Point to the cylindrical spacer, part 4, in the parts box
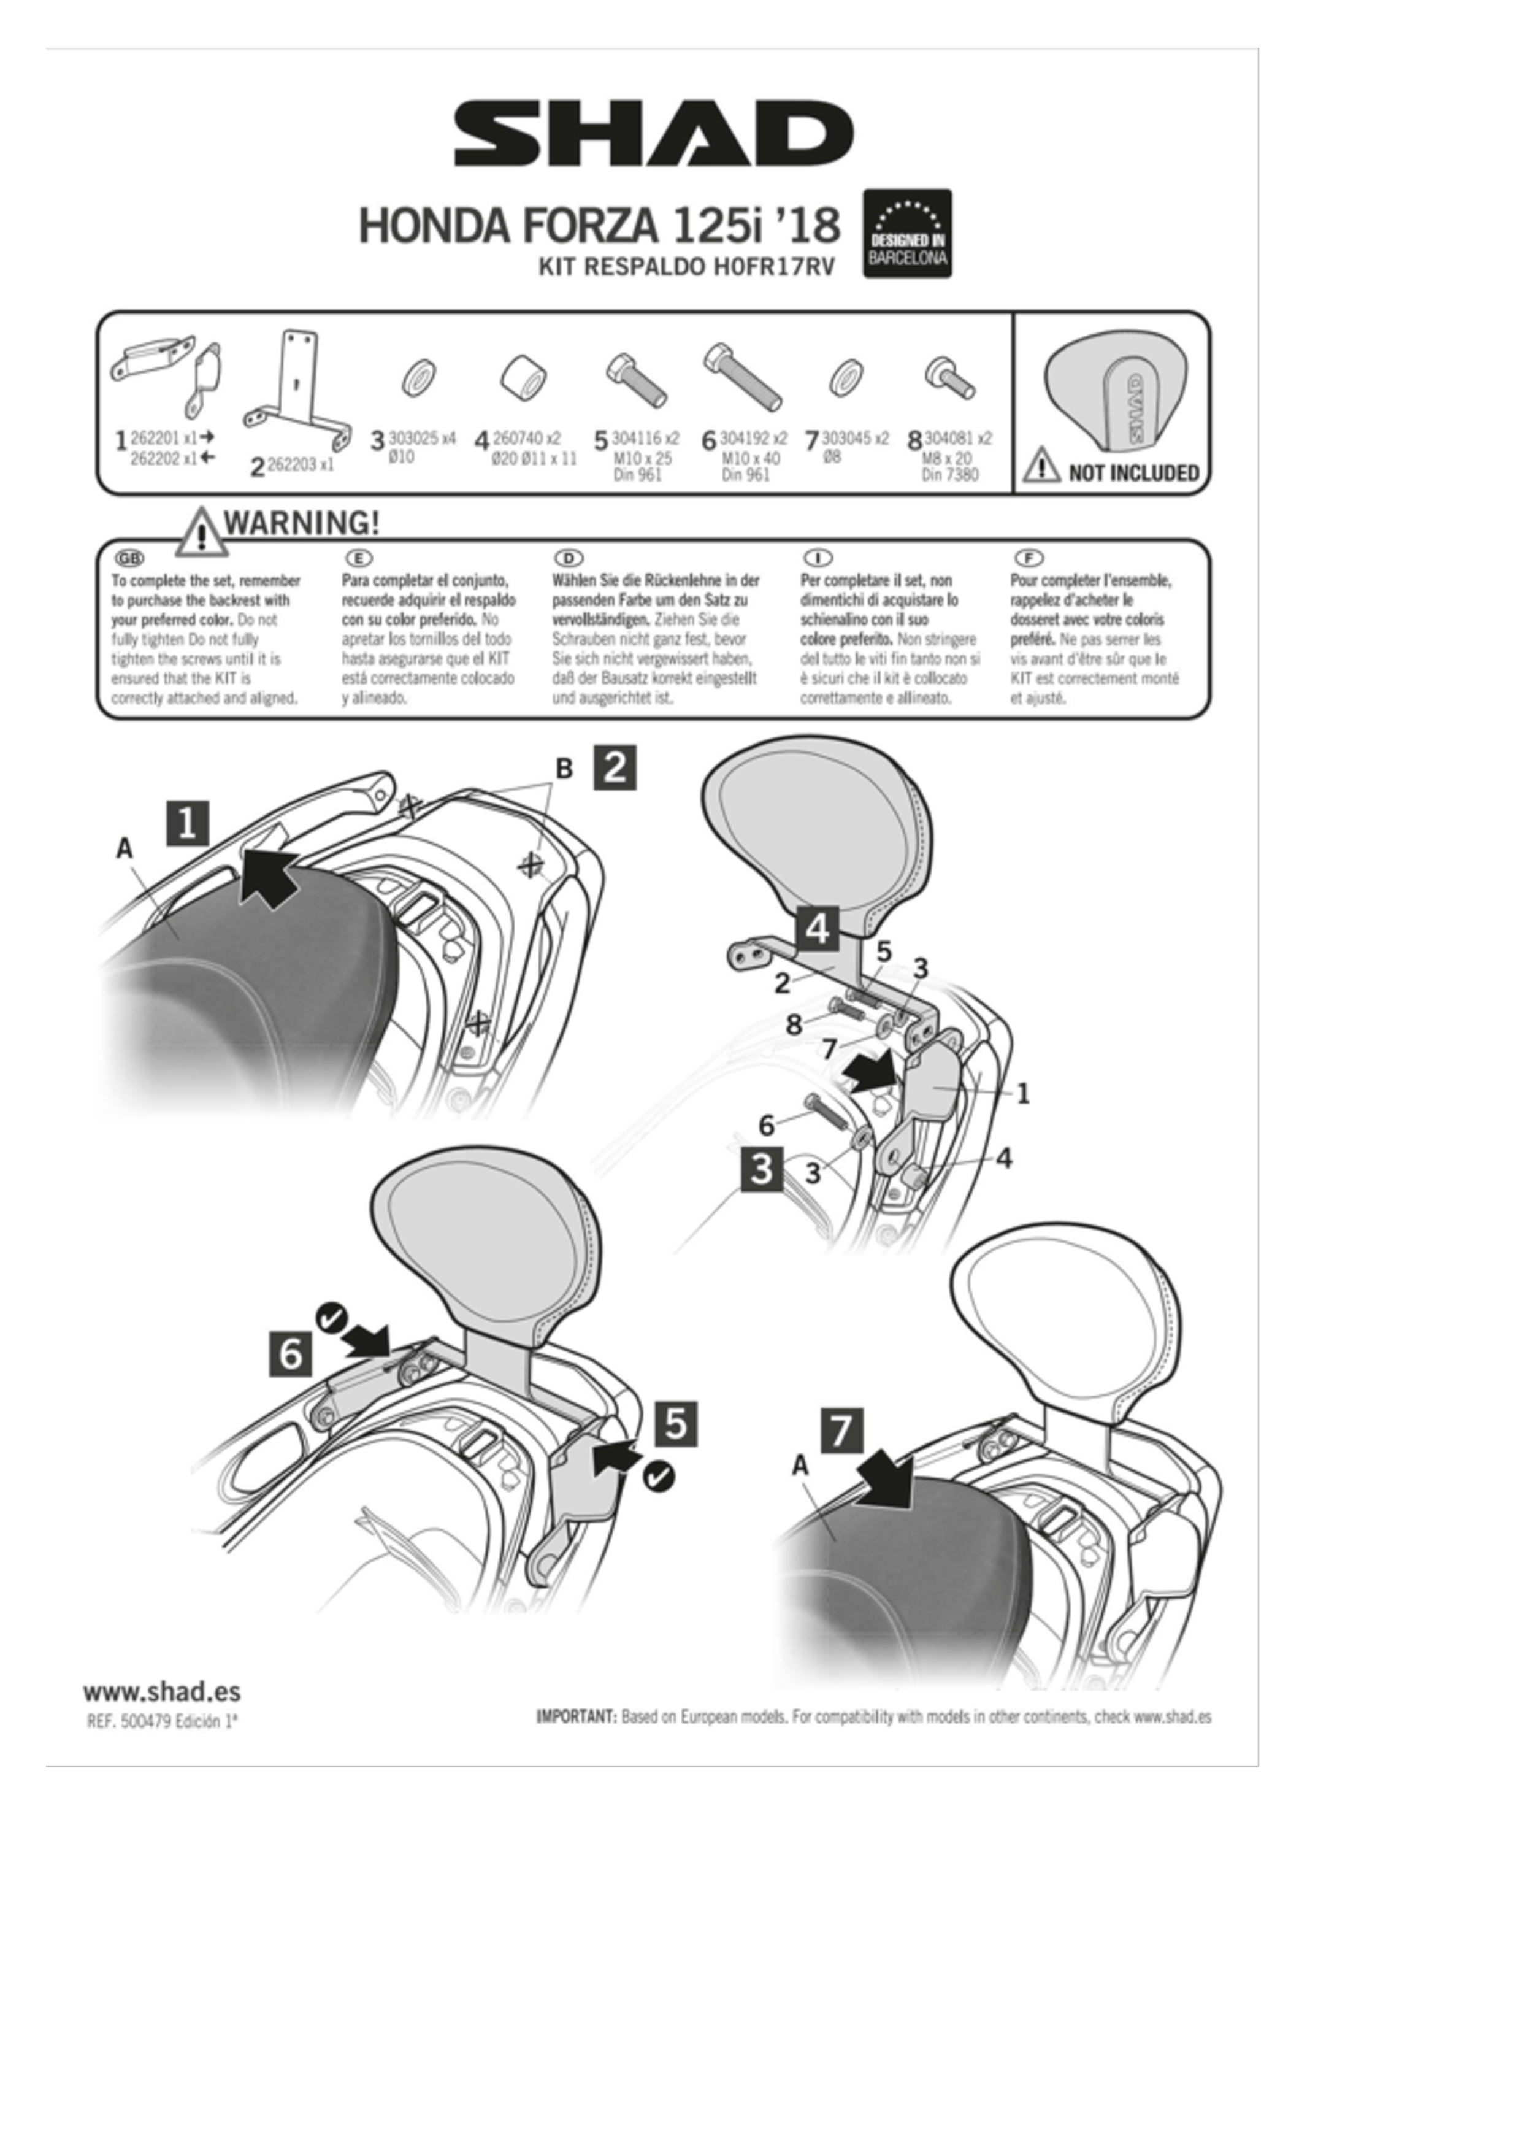point(523,378)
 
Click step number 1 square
point(188,823)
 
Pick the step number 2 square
point(615,767)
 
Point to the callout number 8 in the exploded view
point(794,1024)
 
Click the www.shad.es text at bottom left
point(161,1692)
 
